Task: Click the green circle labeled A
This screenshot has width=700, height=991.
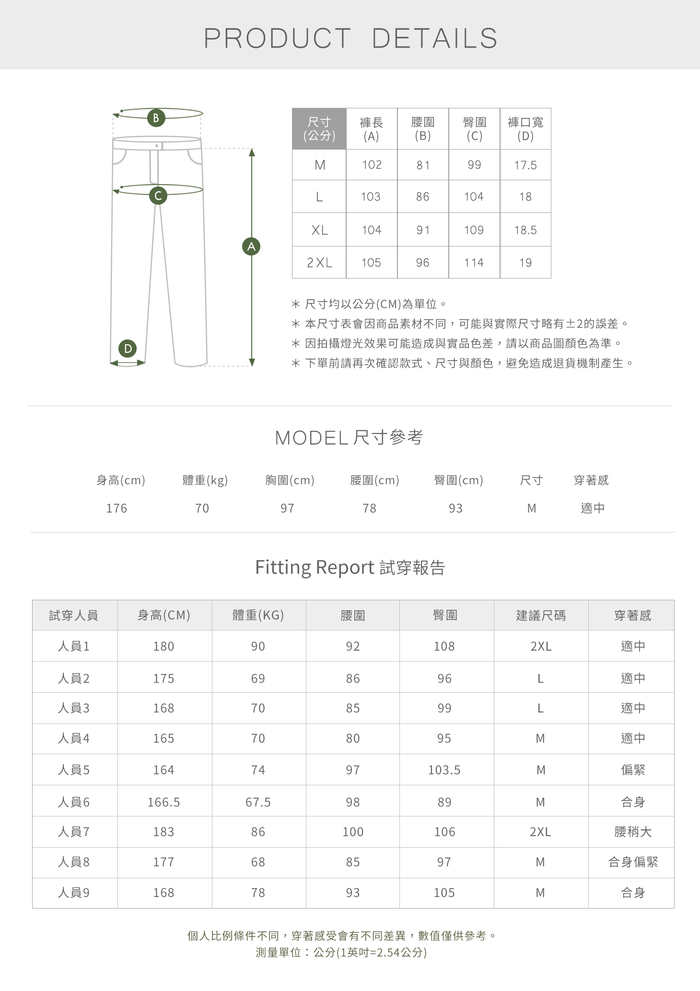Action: tap(251, 246)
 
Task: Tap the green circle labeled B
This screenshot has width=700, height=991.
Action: tap(156, 118)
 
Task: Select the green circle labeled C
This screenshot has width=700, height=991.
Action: tap(158, 196)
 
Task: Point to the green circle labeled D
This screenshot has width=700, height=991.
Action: tap(128, 349)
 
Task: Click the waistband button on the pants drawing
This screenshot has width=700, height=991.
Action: tap(157, 145)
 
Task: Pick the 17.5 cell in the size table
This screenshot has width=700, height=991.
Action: tap(525, 165)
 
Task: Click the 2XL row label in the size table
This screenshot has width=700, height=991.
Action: tap(319, 263)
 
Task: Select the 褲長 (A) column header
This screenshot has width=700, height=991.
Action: tap(372, 129)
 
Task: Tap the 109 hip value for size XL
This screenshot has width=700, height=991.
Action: tap(474, 230)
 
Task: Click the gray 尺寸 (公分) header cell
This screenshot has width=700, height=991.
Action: tap(319, 129)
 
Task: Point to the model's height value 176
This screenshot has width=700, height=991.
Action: tap(117, 508)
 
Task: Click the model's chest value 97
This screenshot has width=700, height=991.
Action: tap(287, 508)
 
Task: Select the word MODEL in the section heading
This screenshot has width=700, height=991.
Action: tap(311, 438)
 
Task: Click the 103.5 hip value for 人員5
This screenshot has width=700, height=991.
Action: tap(444, 770)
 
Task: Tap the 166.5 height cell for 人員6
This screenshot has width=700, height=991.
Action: tap(163, 802)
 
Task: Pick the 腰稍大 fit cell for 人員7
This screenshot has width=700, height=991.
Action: tap(633, 832)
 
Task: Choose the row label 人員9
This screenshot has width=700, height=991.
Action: tap(74, 893)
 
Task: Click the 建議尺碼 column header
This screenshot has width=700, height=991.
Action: tap(541, 615)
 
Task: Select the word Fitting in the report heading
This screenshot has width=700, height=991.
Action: tap(283, 567)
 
